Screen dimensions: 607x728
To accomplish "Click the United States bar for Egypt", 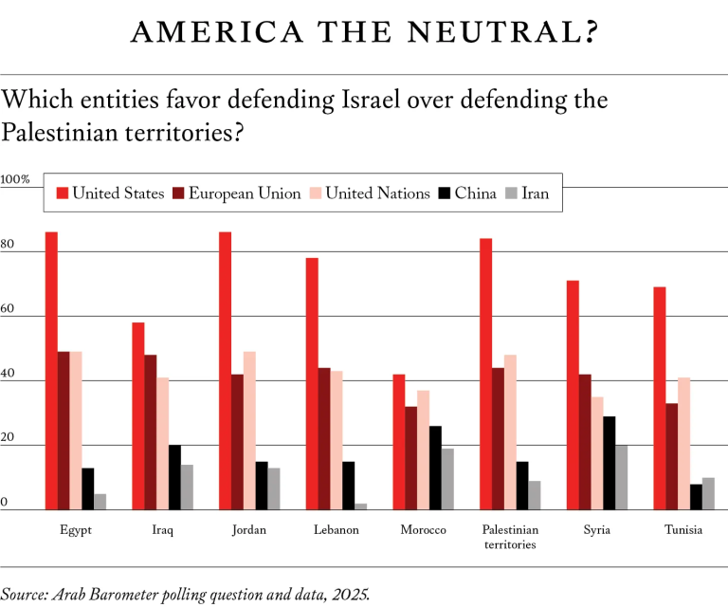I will pyautogui.click(x=51, y=371).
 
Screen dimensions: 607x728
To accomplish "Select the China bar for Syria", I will pyautogui.click(x=609, y=463).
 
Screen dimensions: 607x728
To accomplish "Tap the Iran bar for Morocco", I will pyautogui.click(x=447, y=479).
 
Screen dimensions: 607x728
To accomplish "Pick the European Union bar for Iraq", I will pyautogui.click(x=151, y=432).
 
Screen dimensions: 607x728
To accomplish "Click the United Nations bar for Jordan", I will pyautogui.click(x=249, y=431).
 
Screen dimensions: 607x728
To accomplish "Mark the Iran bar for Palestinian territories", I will pyautogui.click(x=534, y=495).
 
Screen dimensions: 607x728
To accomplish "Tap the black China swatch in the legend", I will pyautogui.click(x=444, y=193).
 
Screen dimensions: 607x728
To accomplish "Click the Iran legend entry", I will pyautogui.click(x=533, y=193).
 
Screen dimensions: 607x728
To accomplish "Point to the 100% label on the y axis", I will pyautogui.click(x=15, y=179).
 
